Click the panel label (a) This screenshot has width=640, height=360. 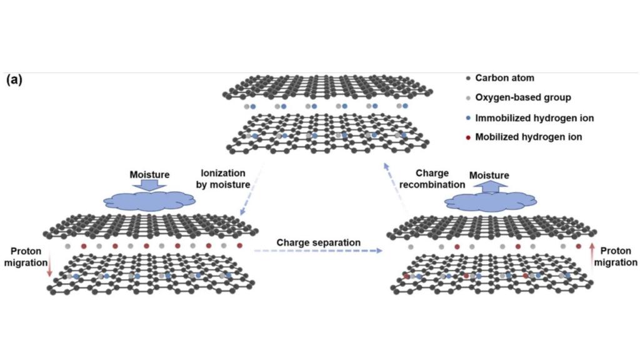(x=14, y=80)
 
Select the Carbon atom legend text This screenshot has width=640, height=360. (x=504, y=78)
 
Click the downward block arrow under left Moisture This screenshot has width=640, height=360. (x=149, y=185)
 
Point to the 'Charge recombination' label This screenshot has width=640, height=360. (x=440, y=179)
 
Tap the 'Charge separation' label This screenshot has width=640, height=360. (x=318, y=242)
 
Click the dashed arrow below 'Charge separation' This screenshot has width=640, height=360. (x=318, y=251)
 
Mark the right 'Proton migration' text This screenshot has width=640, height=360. (x=616, y=257)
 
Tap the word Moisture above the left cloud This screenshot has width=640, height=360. (x=149, y=174)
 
